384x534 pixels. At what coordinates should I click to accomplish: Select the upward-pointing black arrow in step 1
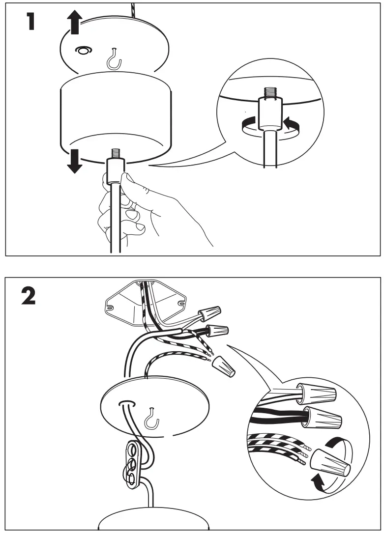pyautogui.click(x=74, y=23)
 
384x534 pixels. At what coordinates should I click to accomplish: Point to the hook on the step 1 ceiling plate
pyautogui.click(x=114, y=58)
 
